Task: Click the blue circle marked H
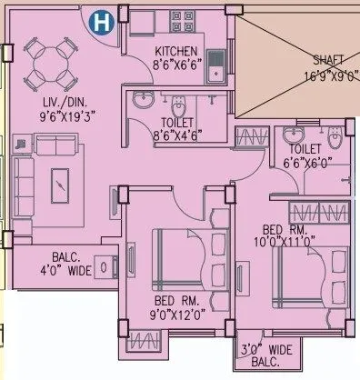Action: click(105, 19)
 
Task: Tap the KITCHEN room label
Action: click(177, 52)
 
